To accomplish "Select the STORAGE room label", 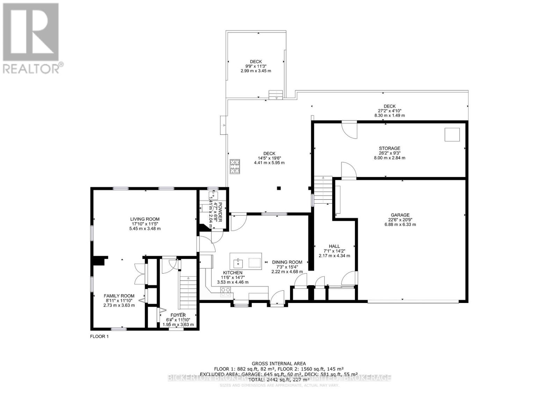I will click(390, 148).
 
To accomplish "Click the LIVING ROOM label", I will click(145, 219).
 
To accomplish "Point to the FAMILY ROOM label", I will click(119, 296).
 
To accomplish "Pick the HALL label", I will click(334, 246).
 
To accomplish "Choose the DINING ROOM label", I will click(287, 262).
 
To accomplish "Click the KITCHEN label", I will click(233, 273).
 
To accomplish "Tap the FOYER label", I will click(178, 315).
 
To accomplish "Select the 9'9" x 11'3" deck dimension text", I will click(256, 66).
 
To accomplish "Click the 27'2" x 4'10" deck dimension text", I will click(389, 111).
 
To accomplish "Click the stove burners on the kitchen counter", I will click(226, 289).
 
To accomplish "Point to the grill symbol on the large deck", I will click(235, 167).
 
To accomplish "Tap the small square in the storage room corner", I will click(452, 135).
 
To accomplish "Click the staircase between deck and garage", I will click(322, 190).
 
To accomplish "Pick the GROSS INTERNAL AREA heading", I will click(279, 363).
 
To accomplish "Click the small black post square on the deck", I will click(278, 188).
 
